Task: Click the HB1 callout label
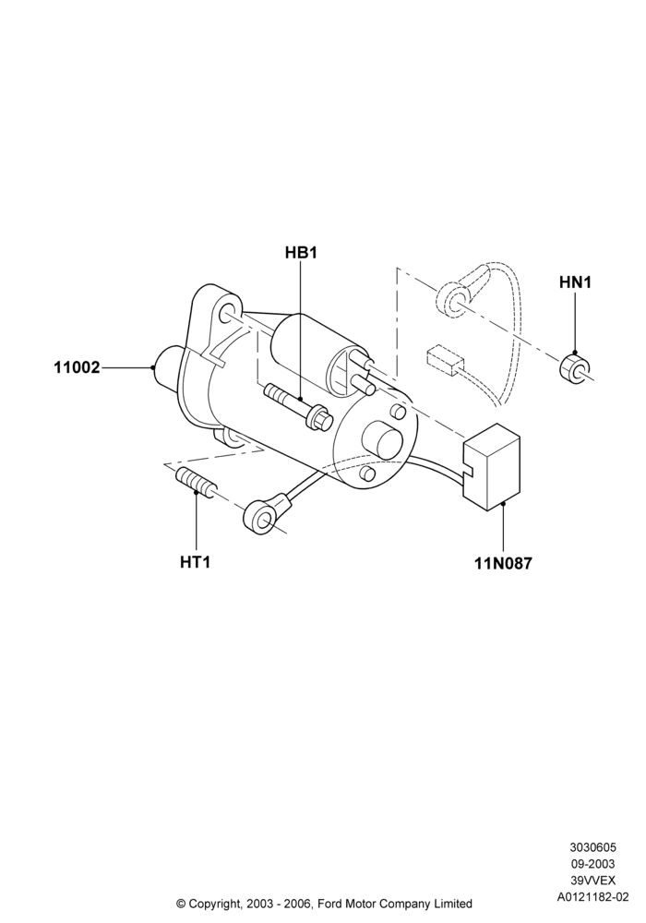[x=301, y=253]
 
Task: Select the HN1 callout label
[x=575, y=282]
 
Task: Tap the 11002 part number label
[x=78, y=368]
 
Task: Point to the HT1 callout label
[x=196, y=562]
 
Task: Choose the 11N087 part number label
[x=504, y=563]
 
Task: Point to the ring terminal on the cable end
[x=262, y=514]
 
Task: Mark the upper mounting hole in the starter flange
[x=227, y=313]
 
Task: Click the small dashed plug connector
[x=441, y=360]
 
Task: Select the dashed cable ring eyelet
[x=452, y=300]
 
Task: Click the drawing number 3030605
[x=592, y=847]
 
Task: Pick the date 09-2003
[x=593, y=864]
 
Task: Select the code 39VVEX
[x=593, y=881]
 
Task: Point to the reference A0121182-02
[x=593, y=897]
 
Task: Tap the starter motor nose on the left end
[x=165, y=369]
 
